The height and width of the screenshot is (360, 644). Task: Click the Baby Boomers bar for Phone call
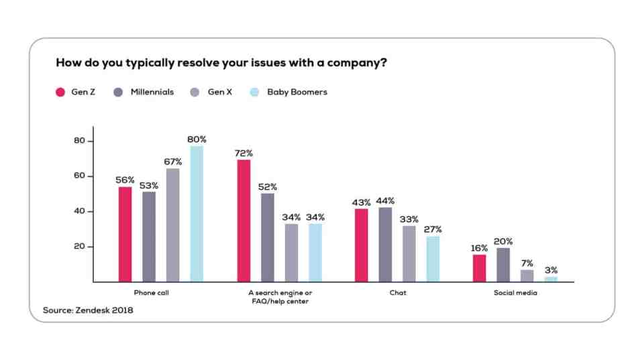tap(197, 213)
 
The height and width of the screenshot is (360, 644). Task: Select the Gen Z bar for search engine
tap(244, 221)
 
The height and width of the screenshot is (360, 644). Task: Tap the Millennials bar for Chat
tap(385, 245)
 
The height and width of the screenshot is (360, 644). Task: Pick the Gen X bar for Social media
tap(527, 276)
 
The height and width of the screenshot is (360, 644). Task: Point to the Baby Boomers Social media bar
tap(551, 279)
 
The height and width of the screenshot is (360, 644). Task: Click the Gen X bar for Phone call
tap(172, 225)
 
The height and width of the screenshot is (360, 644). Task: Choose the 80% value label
tap(197, 139)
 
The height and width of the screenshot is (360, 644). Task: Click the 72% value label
tap(244, 154)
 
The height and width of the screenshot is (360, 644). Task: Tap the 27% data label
tap(433, 230)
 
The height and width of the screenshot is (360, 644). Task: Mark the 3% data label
tap(551, 270)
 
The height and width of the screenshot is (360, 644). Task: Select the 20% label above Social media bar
tap(504, 241)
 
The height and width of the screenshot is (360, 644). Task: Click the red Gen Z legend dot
tap(60, 92)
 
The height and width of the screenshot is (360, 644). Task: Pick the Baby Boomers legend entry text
tap(297, 92)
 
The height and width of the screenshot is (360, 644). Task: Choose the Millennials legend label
tap(152, 92)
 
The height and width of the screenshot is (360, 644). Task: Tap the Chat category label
tap(397, 293)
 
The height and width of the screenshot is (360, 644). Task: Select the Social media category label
tap(515, 293)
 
